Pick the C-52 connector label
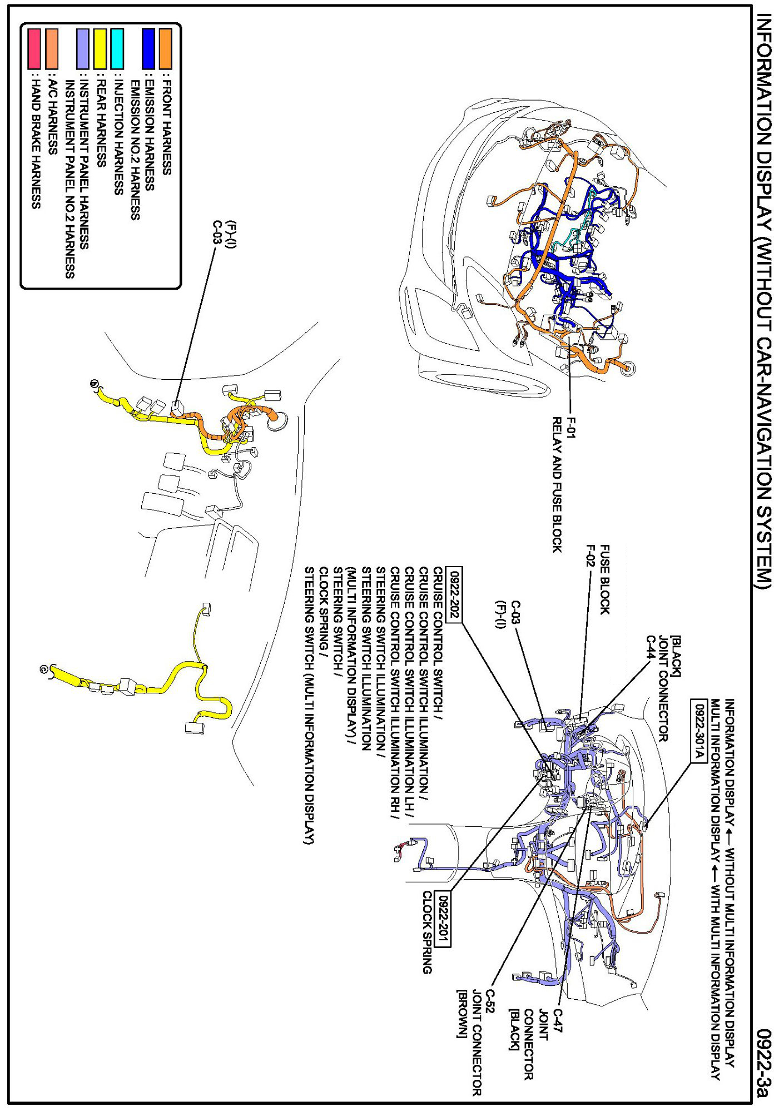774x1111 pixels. (490, 1002)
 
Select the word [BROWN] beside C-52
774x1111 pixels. (462, 1013)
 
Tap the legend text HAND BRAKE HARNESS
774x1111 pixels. (35, 141)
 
